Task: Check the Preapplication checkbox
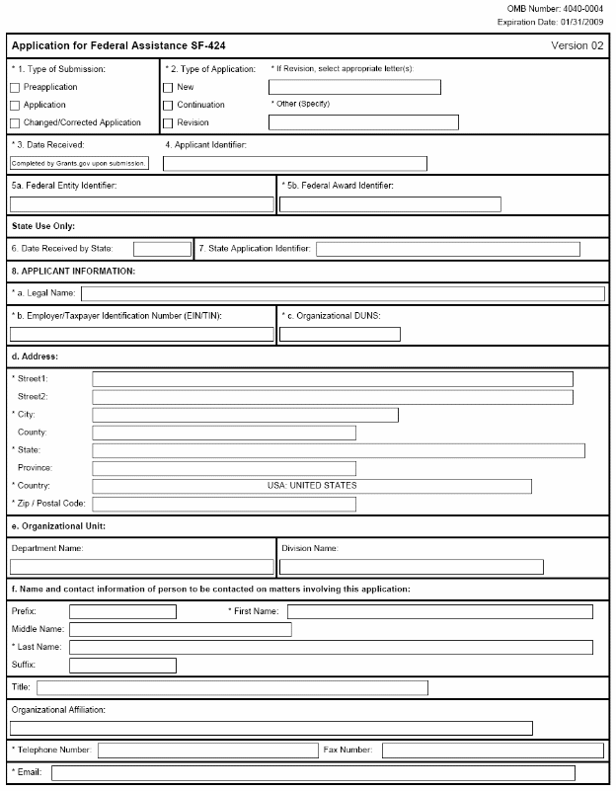[x=15, y=87]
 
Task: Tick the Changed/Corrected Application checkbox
[x=15, y=123]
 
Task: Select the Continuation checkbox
[x=168, y=106]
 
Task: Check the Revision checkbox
[x=168, y=123]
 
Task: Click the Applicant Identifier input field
[x=295, y=164]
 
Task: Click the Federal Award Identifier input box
[x=390, y=204]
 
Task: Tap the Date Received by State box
[x=162, y=249]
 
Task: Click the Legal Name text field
[x=343, y=293]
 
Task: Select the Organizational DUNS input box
[x=340, y=334]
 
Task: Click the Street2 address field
[x=332, y=397]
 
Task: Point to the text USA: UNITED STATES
[x=312, y=486]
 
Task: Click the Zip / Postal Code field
[x=224, y=504]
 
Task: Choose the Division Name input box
[x=411, y=567]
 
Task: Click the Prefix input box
[x=122, y=612]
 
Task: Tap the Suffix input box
[x=122, y=666]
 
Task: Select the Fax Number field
[x=492, y=751]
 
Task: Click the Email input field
[x=313, y=772]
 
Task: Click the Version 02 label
[x=577, y=46]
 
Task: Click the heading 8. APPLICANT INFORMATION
[x=72, y=271]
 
